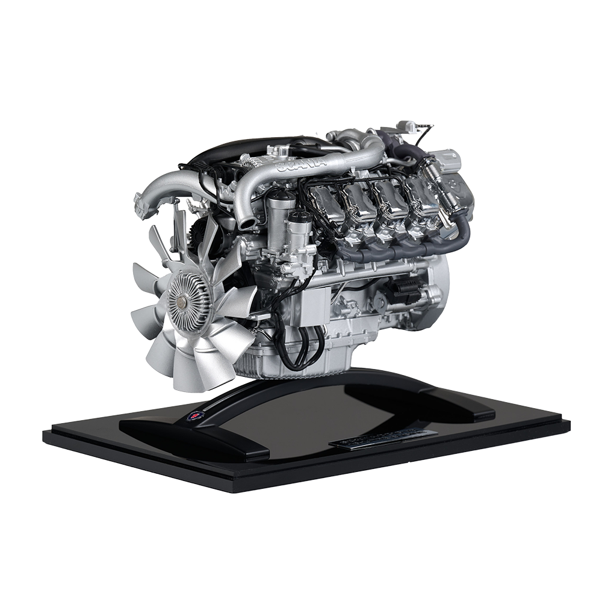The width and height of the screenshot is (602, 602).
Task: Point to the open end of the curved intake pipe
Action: point(246,222)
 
